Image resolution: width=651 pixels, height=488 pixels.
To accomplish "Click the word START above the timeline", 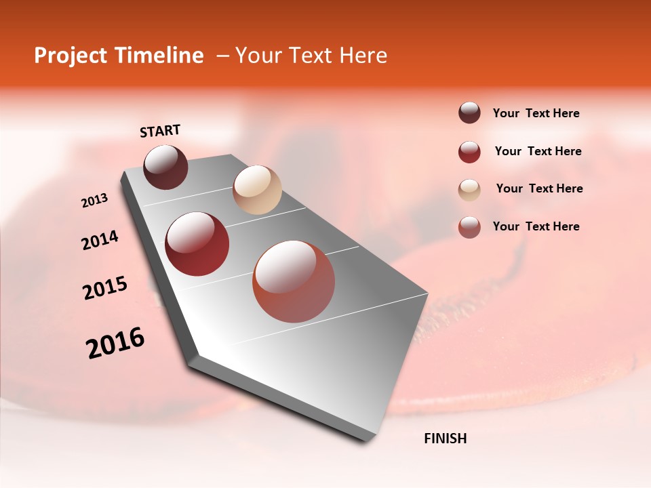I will coord(160,131).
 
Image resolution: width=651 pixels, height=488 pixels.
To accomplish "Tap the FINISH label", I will coord(446,439).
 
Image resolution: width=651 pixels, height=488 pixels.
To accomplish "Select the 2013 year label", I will coord(95,201).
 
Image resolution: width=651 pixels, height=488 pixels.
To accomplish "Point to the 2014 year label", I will coord(100,240).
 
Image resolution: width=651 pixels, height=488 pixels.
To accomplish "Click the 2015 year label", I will coord(105,288).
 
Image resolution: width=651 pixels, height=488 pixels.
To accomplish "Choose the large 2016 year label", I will coord(115,343).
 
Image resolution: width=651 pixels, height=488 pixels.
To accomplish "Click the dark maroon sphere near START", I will coord(165,167).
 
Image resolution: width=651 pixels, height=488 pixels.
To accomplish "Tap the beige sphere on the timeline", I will coord(257,190).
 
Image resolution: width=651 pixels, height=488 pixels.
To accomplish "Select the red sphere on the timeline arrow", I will coord(197,244).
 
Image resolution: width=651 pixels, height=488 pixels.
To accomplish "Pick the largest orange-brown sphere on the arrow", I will coord(294,281).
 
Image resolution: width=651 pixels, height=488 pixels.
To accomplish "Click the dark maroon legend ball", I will coord(469,113).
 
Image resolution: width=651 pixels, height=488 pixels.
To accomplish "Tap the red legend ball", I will coord(469,152).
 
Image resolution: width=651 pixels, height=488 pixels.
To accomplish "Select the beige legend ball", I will coord(469,190).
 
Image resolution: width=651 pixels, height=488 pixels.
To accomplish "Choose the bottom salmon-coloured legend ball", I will coord(469,227).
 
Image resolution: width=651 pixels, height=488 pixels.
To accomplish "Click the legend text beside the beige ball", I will coord(539,188).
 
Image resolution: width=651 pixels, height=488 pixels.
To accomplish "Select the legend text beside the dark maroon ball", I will coord(536,113).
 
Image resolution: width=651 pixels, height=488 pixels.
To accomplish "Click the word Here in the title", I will coord(363,56).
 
